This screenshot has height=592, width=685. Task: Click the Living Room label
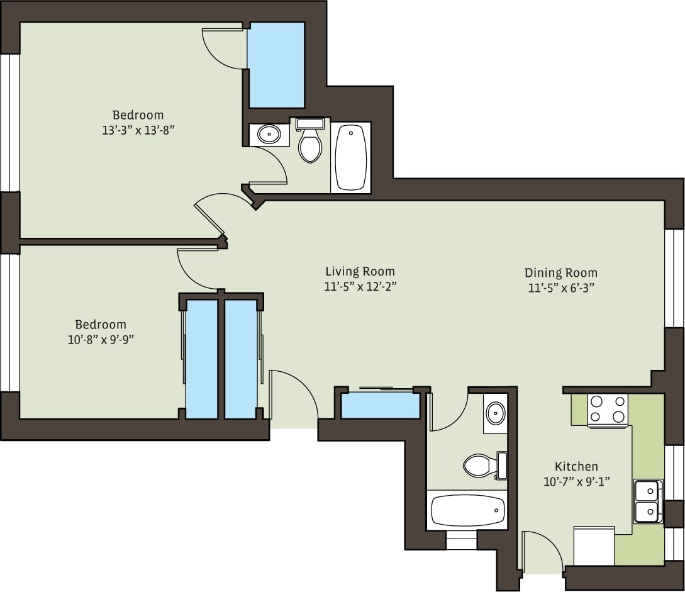[360, 271]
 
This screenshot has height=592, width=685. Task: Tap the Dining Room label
[560, 272]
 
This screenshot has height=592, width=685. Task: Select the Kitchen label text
[576, 466]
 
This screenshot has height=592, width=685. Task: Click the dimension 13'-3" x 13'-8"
[138, 130]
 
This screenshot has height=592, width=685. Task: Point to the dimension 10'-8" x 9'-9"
[101, 340]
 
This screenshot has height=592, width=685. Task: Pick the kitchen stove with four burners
[608, 410]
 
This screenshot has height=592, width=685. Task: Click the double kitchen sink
[647, 501]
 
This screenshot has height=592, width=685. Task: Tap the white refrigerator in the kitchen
[594, 546]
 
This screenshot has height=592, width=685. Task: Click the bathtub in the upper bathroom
[350, 157]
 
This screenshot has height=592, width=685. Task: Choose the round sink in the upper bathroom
[269, 134]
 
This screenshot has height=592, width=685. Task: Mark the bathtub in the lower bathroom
[467, 510]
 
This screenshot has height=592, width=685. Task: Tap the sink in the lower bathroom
[496, 413]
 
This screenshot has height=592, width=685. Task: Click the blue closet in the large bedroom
[276, 64]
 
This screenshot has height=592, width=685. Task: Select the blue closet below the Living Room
[380, 405]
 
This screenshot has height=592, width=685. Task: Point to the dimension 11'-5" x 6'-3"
[560, 288]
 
